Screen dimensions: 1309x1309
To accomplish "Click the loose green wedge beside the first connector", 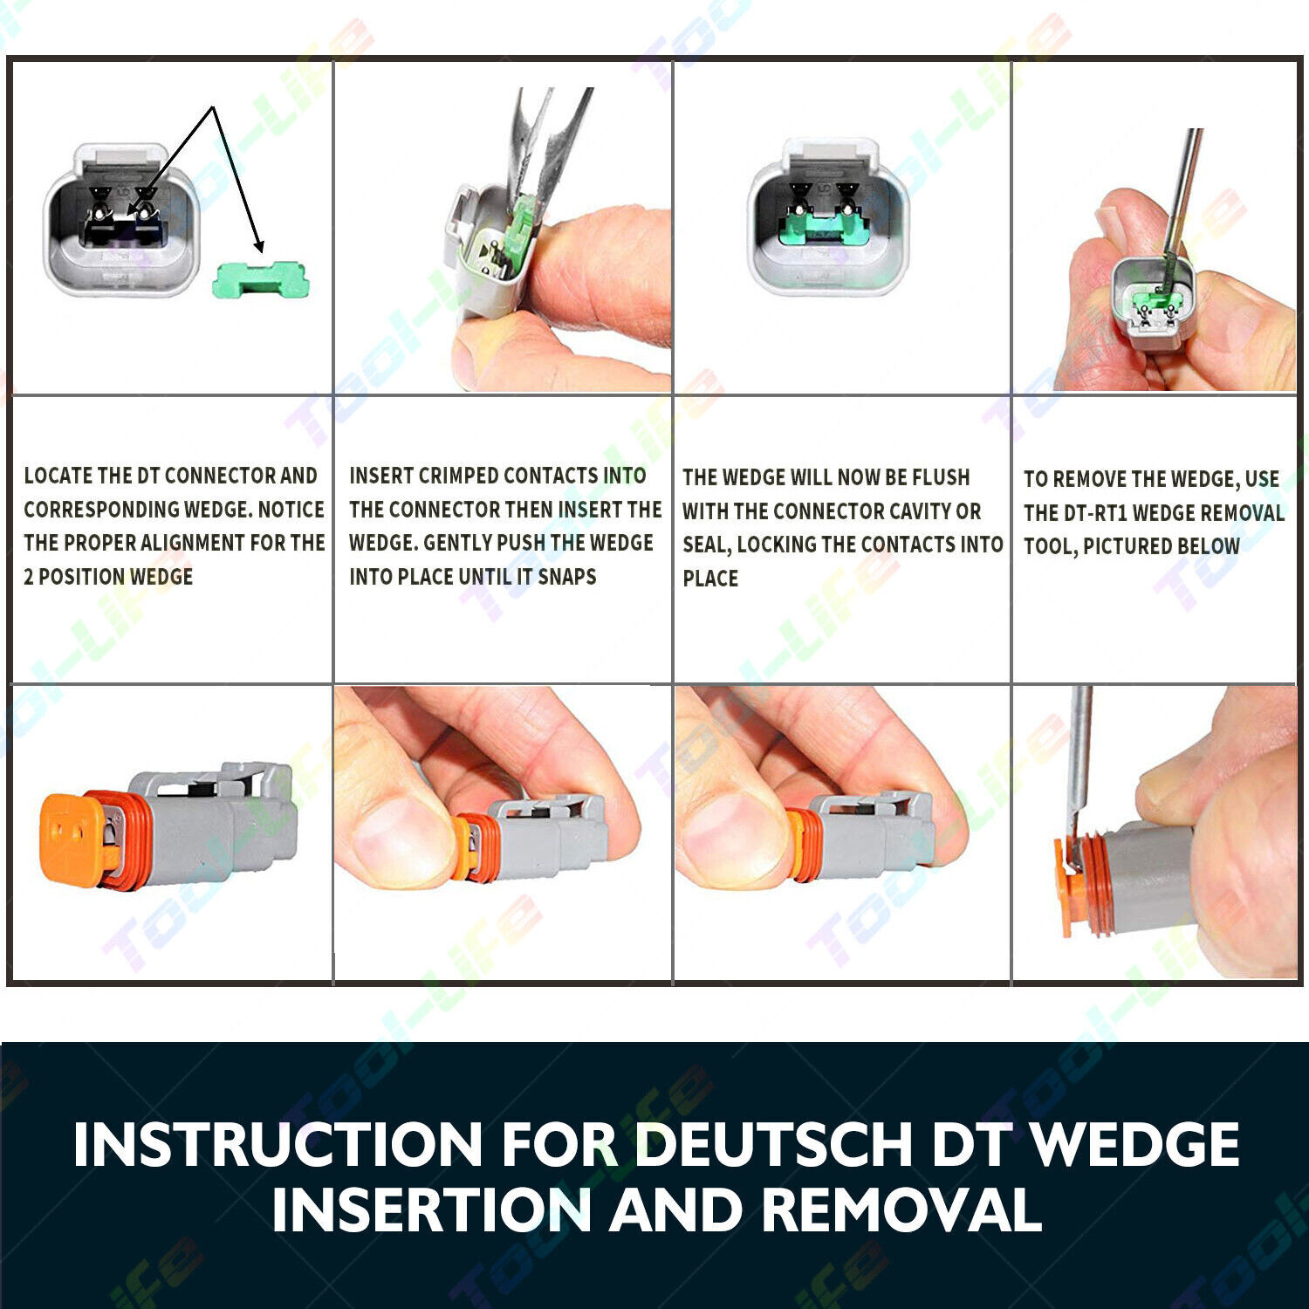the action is click(260, 280).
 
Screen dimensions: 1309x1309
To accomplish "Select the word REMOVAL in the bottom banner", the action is click(901, 1210).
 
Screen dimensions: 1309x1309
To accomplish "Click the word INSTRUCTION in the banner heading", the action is click(278, 1144).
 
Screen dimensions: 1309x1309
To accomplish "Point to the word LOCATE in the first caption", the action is click(58, 476).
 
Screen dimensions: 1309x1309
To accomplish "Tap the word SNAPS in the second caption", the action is click(567, 577).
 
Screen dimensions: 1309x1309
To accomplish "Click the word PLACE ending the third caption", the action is click(710, 579).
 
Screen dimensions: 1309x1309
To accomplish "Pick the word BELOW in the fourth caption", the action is click(1207, 546).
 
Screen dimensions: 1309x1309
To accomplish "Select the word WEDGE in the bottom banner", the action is click(1135, 1144).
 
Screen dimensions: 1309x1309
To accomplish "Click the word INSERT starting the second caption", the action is click(381, 476).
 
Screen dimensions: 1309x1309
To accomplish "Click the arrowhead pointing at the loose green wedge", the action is click(257, 245).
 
